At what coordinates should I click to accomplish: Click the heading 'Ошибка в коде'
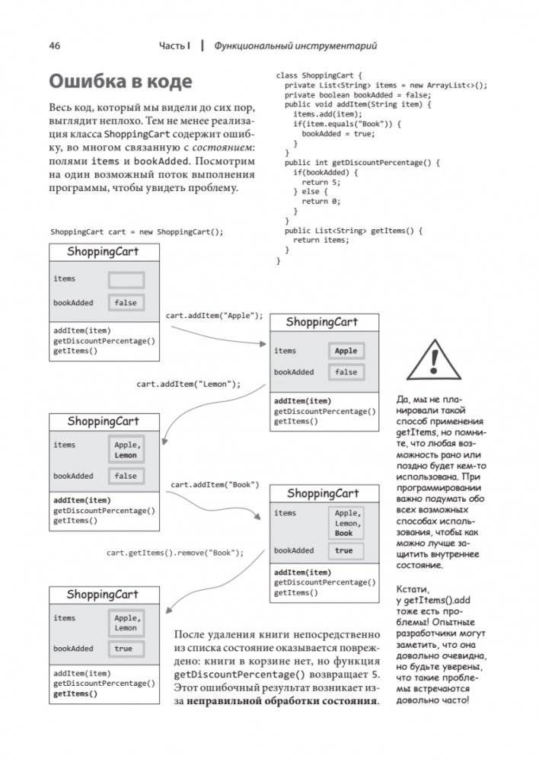click(120, 81)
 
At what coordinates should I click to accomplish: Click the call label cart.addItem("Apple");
click(214, 315)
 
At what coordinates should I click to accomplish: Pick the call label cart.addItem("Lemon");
click(189, 384)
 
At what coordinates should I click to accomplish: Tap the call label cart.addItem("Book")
click(215, 484)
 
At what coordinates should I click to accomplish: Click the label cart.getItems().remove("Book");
click(175, 553)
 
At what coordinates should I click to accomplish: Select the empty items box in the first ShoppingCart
click(126, 279)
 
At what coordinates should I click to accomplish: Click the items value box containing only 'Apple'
click(346, 351)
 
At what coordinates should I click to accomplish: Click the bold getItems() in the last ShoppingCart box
click(75, 693)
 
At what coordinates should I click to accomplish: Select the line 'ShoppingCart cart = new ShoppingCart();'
click(137, 231)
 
